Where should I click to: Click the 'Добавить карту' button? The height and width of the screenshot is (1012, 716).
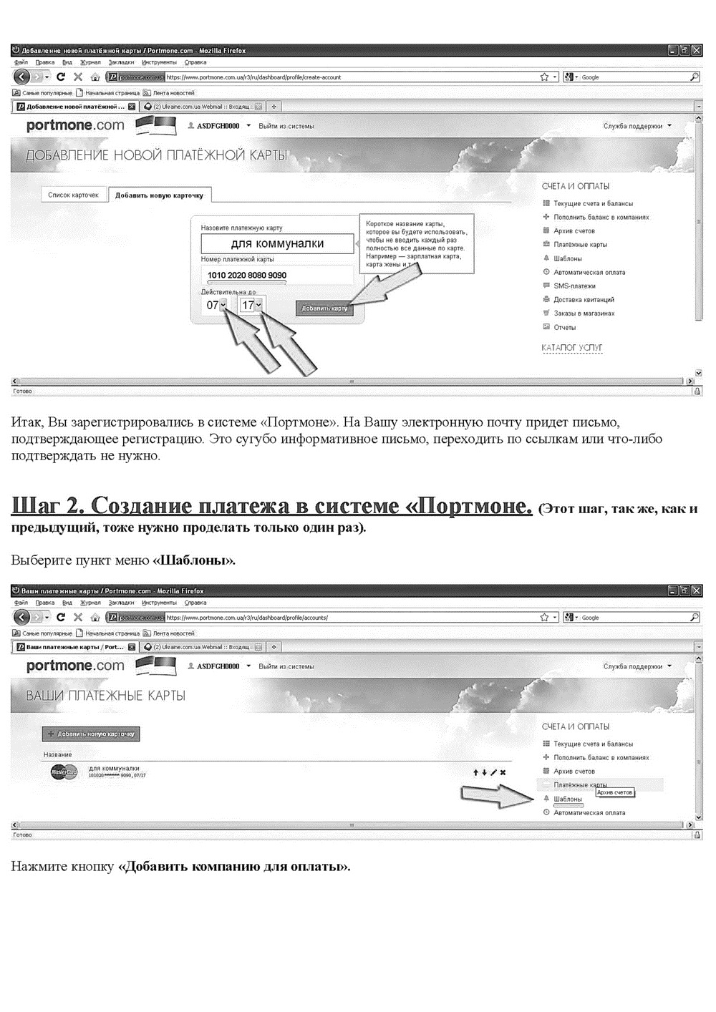pyautogui.click(x=324, y=308)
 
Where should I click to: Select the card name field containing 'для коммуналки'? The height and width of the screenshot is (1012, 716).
pyautogui.click(x=277, y=243)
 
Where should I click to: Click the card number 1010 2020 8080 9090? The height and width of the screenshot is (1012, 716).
pyautogui.click(x=247, y=276)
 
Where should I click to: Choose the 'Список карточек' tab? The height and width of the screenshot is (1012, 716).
pyautogui.click(x=73, y=195)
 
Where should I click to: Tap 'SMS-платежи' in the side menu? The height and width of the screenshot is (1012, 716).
pyautogui.click(x=574, y=286)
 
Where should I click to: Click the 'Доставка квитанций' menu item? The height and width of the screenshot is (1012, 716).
pyautogui.click(x=584, y=300)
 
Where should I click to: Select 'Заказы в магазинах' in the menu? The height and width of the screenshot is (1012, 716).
pyautogui.click(x=584, y=313)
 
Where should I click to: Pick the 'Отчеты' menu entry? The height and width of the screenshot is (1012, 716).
pyautogui.click(x=564, y=327)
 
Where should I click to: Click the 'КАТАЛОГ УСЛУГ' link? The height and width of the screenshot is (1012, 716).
pyautogui.click(x=572, y=348)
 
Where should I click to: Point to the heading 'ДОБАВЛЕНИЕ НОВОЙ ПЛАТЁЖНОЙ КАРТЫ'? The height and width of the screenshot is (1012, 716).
pyautogui.click(x=156, y=155)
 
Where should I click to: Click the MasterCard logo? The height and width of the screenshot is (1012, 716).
pyautogui.click(x=64, y=772)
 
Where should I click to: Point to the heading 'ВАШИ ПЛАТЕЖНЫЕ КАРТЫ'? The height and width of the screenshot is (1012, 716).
pyautogui.click(x=105, y=696)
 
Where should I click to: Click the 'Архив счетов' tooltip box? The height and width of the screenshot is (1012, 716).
pyautogui.click(x=614, y=792)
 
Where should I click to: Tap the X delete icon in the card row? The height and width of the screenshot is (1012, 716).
pyautogui.click(x=503, y=772)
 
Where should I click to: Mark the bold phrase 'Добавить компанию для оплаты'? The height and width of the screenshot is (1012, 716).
pyautogui.click(x=233, y=867)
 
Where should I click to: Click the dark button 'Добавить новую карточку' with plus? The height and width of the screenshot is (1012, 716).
pyautogui.click(x=91, y=734)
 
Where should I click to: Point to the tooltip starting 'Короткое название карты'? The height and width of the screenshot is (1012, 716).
pyautogui.click(x=415, y=243)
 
